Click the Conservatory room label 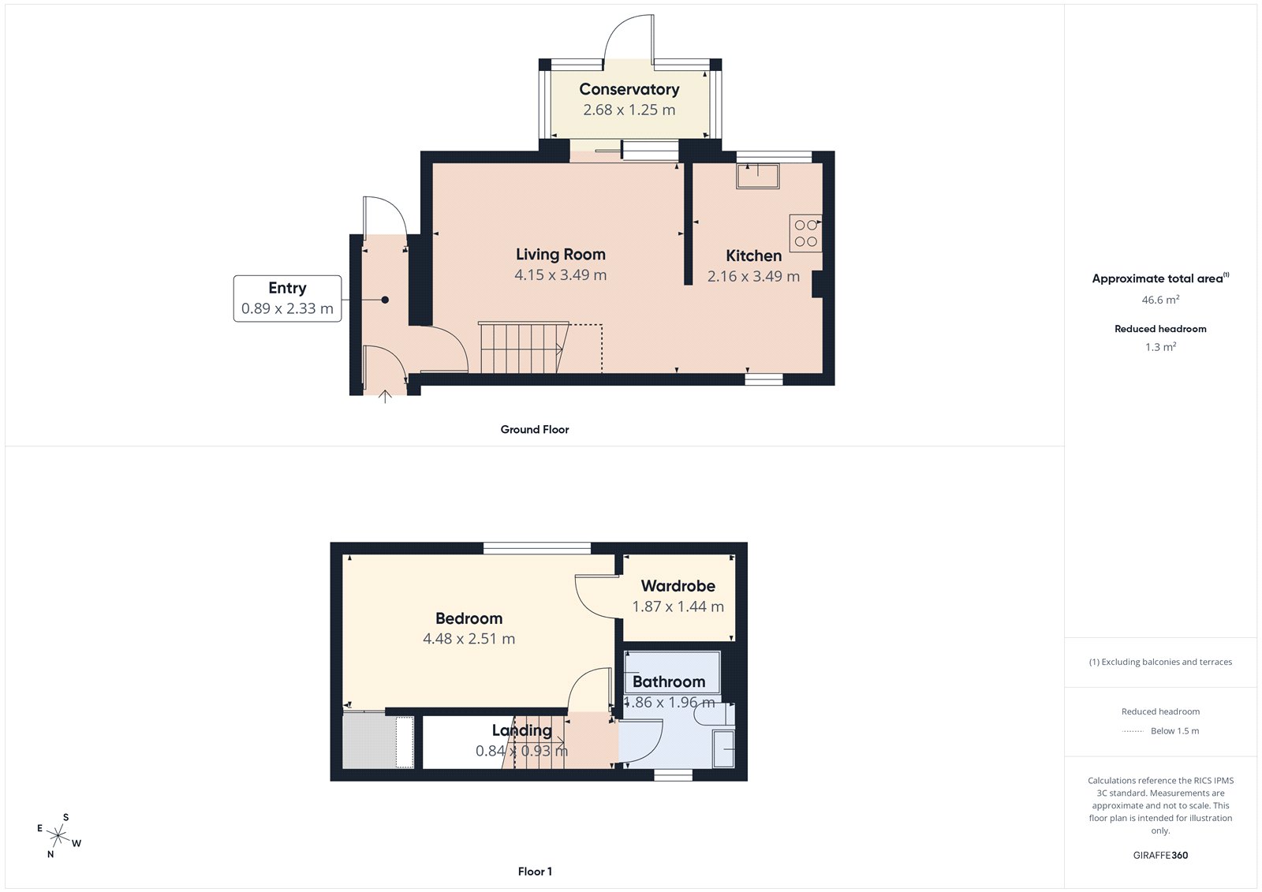pyautogui.click(x=629, y=90)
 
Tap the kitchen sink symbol pyautogui.click(x=758, y=175)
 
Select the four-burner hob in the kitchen pyautogui.click(x=805, y=233)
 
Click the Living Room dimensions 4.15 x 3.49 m pyautogui.click(x=560, y=275)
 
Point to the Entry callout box pyautogui.click(x=287, y=298)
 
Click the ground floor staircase pyautogui.click(x=523, y=347)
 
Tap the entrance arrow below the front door pyautogui.click(x=385, y=396)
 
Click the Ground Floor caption pyautogui.click(x=534, y=430)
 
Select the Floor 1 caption pyautogui.click(x=535, y=871)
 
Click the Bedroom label pyautogui.click(x=469, y=619)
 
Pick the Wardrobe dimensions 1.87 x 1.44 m pyautogui.click(x=678, y=607)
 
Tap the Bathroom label pyautogui.click(x=668, y=682)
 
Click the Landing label pyautogui.click(x=521, y=731)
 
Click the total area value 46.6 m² pyautogui.click(x=1160, y=300)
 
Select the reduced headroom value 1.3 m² pyautogui.click(x=1160, y=347)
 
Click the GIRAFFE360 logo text pyautogui.click(x=1160, y=855)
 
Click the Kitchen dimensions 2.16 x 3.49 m pyautogui.click(x=753, y=277)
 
